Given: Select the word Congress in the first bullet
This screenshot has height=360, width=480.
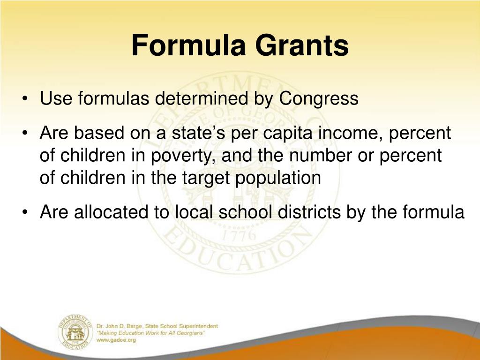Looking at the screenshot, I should point(319,99).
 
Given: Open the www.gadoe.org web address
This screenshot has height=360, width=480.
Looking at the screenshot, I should point(116,340).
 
